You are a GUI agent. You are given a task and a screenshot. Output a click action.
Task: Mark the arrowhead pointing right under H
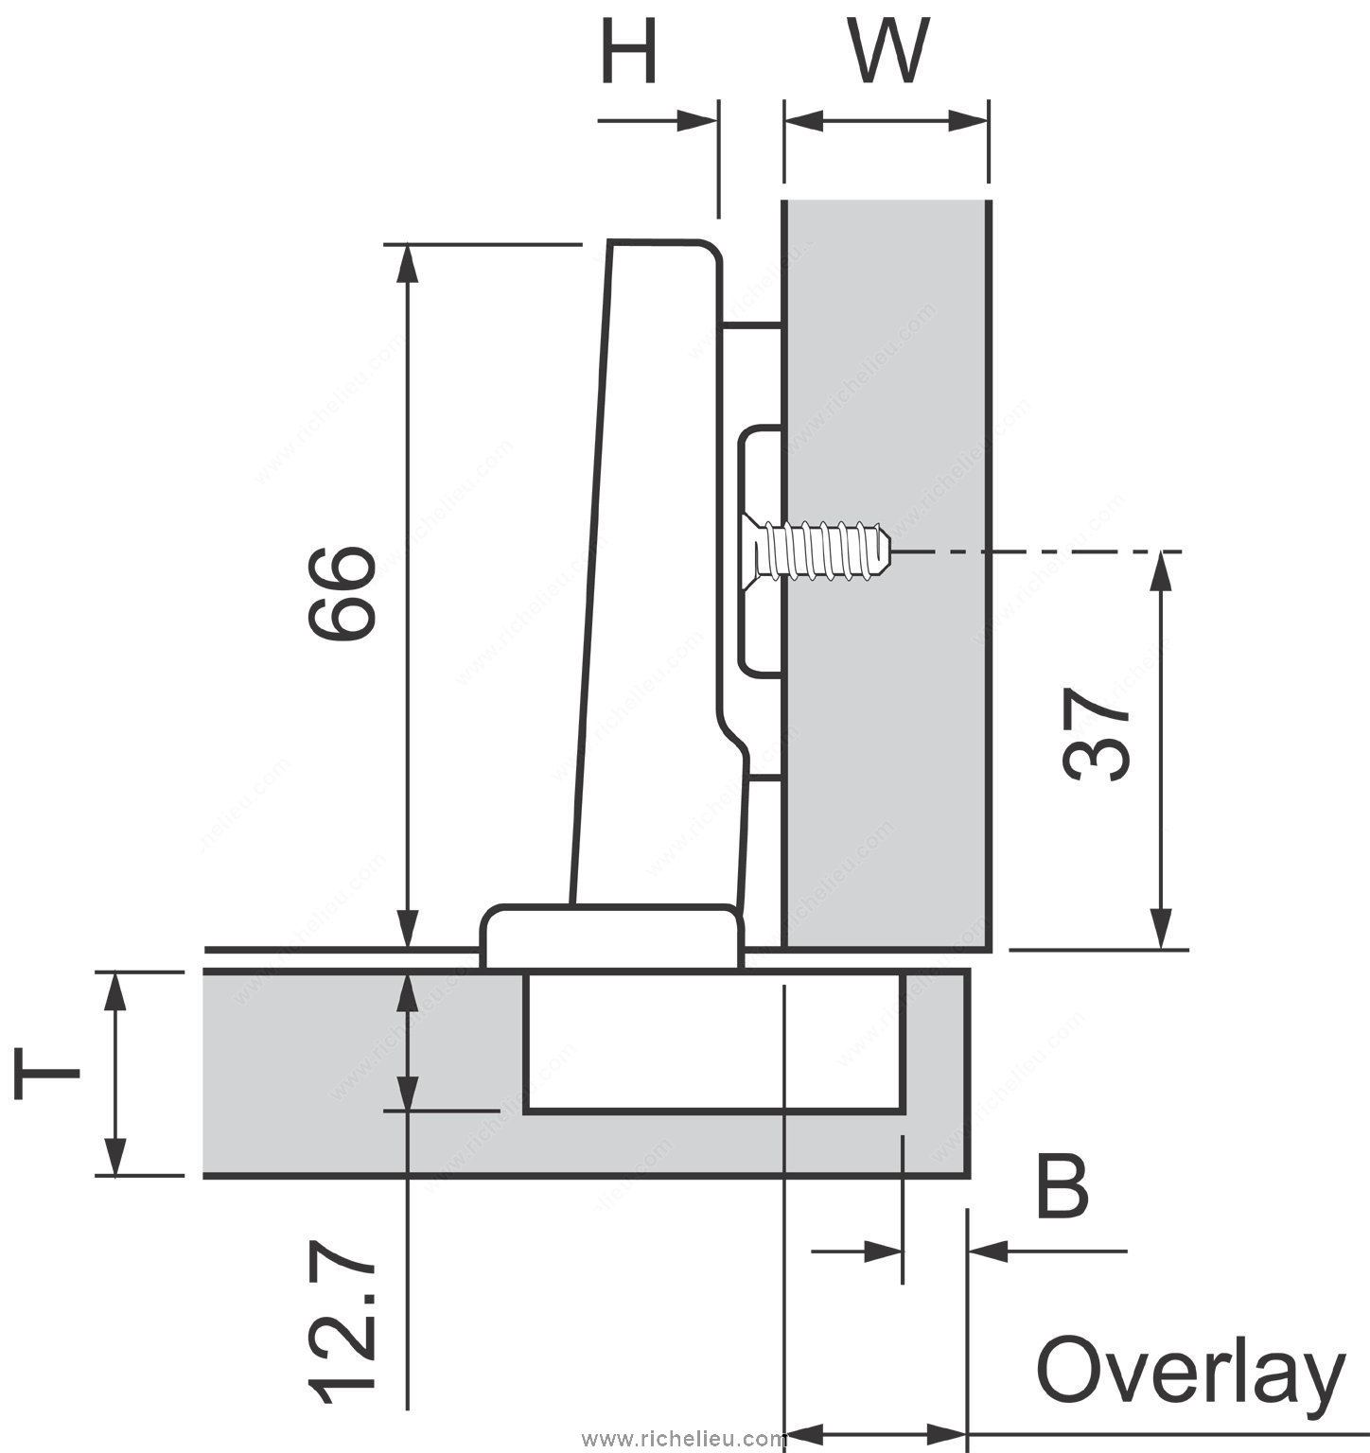click(x=695, y=120)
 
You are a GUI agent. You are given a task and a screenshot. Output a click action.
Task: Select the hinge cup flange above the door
click(x=611, y=937)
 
